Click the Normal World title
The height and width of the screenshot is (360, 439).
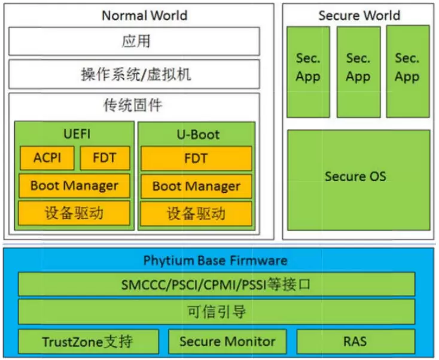point(144,16)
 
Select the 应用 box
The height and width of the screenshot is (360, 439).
point(135,42)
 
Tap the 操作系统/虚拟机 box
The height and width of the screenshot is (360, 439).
point(135,74)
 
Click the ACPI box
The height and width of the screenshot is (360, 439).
point(47,158)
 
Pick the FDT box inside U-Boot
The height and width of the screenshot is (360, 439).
point(196,158)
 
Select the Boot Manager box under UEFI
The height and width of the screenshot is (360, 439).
point(74,185)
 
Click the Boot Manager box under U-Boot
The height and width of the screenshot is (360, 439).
point(196,186)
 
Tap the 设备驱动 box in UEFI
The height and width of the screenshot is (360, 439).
point(74,212)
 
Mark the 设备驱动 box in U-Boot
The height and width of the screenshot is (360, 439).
point(196,213)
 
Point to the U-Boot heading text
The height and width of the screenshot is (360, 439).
point(196,134)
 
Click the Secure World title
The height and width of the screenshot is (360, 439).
point(359,16)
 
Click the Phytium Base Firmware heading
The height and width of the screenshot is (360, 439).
point(215,261)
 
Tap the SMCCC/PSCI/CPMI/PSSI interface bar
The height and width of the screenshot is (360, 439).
point(216,285)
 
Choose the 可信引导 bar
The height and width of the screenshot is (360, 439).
point(216,312)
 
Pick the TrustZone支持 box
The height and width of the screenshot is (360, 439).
point(88,341)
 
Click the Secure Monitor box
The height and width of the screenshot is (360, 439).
point(227,341)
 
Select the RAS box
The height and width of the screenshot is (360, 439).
point(355,341)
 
